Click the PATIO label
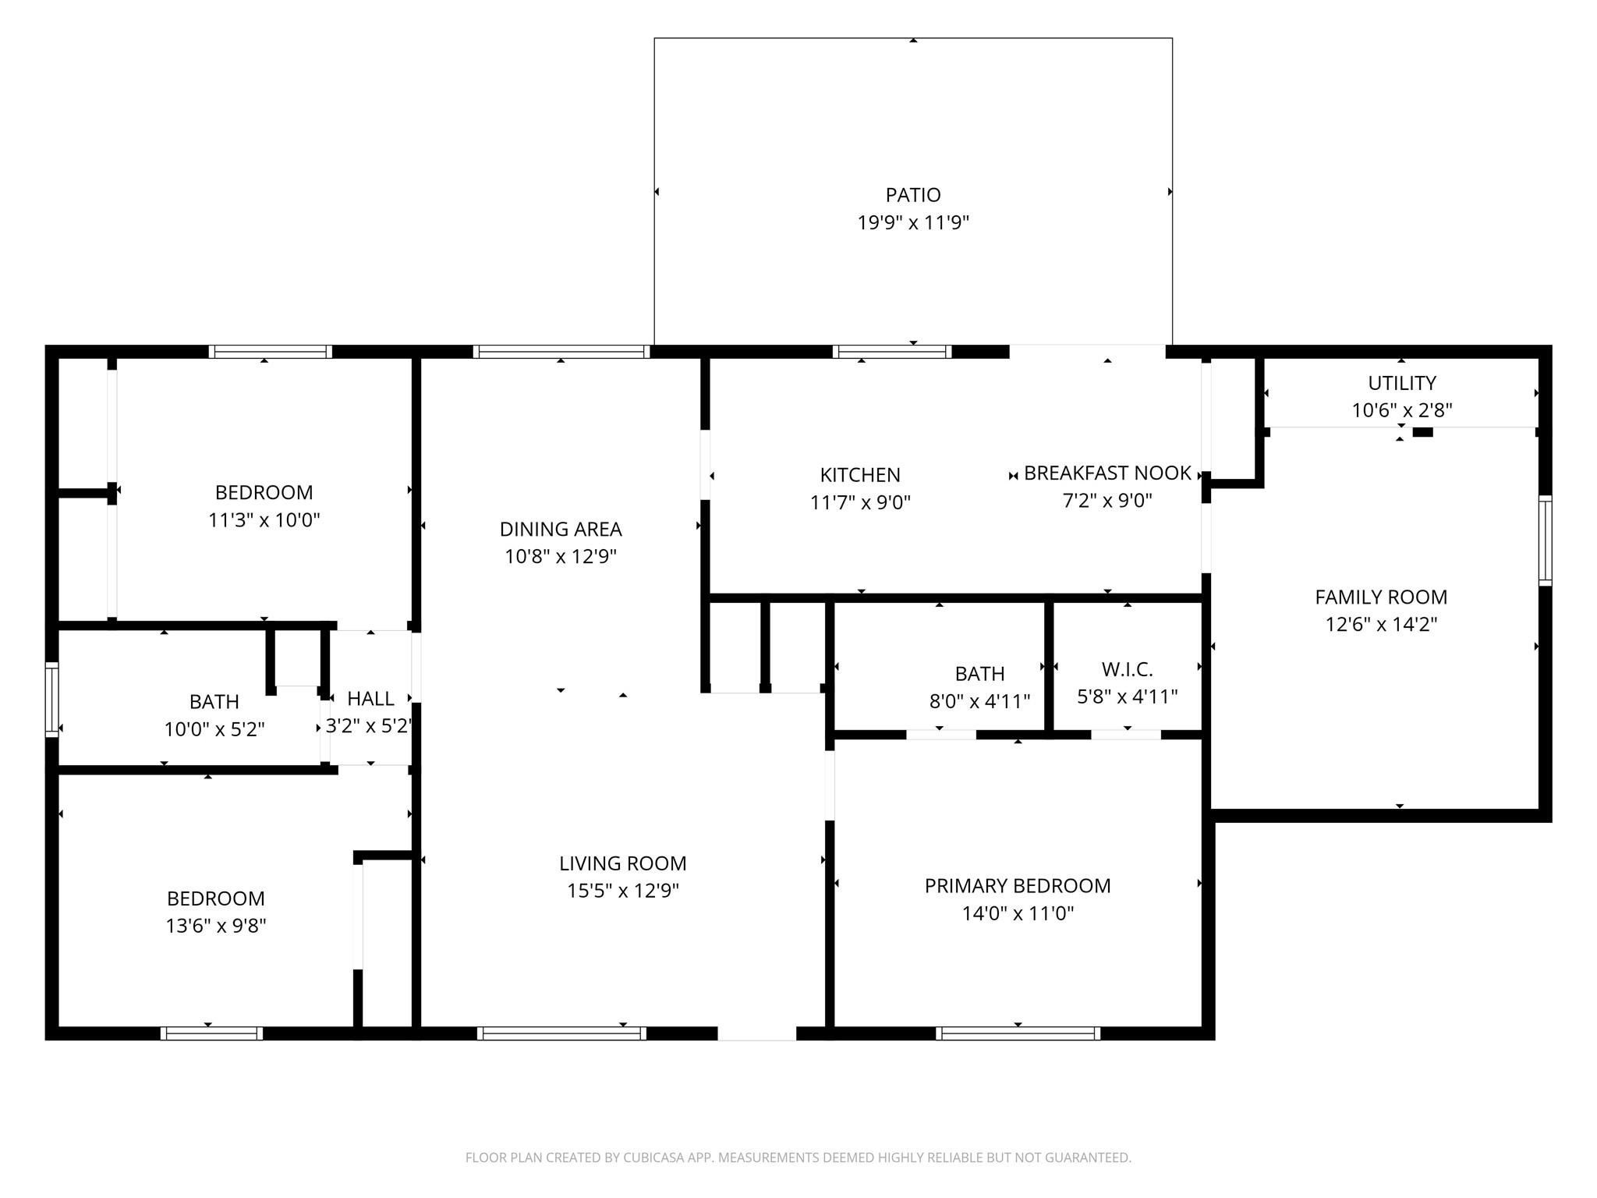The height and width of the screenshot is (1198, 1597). [x=912, y=194]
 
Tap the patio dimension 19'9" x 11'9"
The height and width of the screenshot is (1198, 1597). [x=912, y=223]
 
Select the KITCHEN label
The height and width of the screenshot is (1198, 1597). [x=860, y=474]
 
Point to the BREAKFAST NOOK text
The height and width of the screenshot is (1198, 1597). [x=1107, y=473]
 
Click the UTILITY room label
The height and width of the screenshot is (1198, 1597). [x=1401, y=383]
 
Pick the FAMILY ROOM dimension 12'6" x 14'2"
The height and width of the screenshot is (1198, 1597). [x=1381, y=625]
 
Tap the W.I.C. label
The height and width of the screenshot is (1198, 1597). [x=1127, y=669]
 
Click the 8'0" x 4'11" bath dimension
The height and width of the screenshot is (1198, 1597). [x=979, y=701]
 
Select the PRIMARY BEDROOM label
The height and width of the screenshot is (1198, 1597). [x=1018, y=885]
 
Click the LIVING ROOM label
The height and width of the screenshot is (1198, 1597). [x=622, y=863]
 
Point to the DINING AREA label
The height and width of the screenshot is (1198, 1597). [x=561, y=529]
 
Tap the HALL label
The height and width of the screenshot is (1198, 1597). [x=370, y=698]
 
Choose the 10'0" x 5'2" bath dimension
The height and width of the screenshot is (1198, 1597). [x=214, y=729]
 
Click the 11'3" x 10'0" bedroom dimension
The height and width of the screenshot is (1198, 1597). [x=264, y=520]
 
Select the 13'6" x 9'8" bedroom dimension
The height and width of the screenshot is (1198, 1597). [x=216, y=926]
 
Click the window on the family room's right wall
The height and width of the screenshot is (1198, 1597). [x=1544, y=540]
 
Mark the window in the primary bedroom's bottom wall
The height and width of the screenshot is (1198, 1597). [x=1018, y=1033]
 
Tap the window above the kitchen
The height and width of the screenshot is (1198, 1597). [x=892, y=352]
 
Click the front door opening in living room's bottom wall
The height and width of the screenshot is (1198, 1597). [x=756, y=1033]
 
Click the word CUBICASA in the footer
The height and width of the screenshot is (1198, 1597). [x=653, y=1157]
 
